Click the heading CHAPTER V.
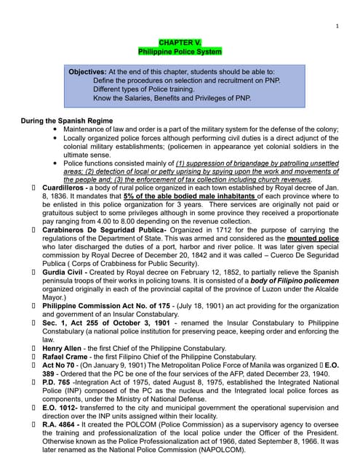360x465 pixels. pos(179,44)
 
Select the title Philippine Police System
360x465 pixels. pos(179,52)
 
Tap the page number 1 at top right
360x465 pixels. pos(338,26)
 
